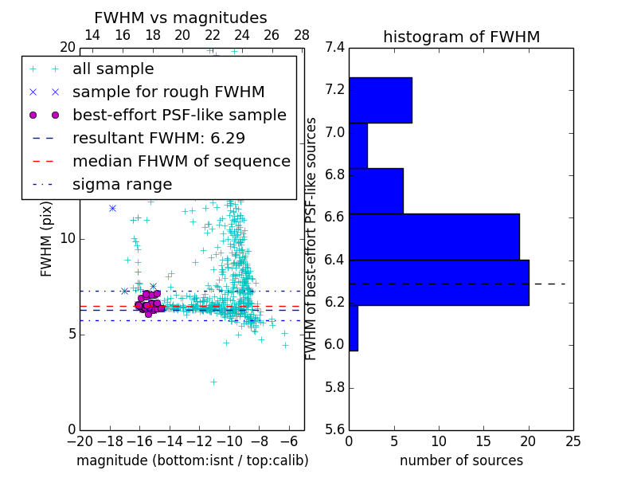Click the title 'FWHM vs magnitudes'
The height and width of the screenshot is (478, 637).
(181, 18)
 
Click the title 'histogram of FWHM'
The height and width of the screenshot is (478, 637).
(461, 37)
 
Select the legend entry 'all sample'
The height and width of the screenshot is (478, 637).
(113, 69)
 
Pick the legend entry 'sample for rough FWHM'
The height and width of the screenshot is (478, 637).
(169, 92)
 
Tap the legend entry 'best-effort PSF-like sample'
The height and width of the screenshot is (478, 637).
(179, 115)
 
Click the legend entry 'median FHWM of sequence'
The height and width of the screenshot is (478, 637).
(181, 161)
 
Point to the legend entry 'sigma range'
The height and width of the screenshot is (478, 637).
(122, 184)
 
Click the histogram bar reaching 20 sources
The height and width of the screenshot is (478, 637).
(439, 283)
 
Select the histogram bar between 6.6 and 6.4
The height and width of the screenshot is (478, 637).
(434, 237)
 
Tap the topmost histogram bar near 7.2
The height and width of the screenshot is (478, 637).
(380, 100)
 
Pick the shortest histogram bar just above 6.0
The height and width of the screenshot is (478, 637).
(353, 328)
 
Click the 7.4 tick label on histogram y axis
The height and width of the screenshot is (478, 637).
(335, 48)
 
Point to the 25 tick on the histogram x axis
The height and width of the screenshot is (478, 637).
(573, 441)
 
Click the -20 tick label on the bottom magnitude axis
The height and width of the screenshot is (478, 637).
(80, 441)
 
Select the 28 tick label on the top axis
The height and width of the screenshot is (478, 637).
(302, 35)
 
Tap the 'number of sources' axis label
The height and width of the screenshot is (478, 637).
(461, 460)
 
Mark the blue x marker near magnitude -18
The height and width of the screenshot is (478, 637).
(112, 208)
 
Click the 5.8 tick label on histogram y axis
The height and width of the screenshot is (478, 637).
(335, 388)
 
